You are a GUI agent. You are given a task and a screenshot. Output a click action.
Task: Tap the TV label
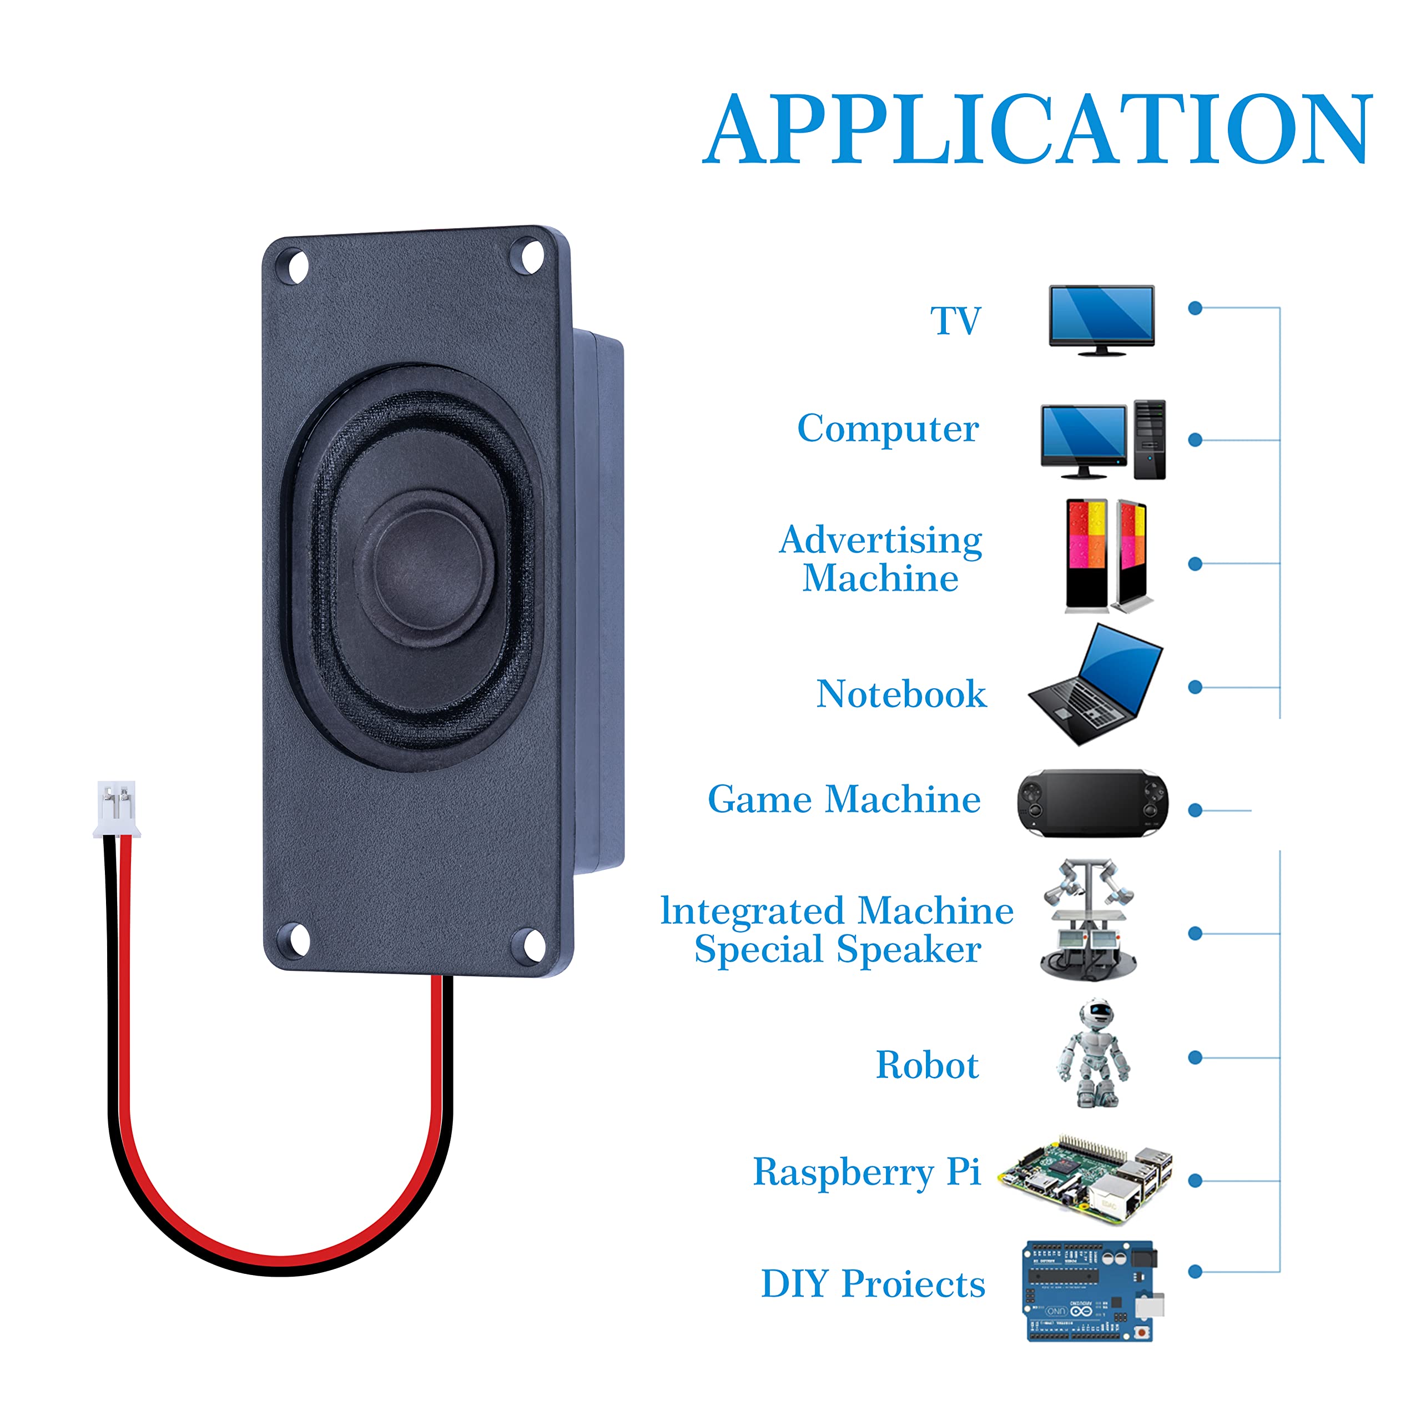coord(955,321)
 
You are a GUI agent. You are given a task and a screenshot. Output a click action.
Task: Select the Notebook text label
coord(901,694)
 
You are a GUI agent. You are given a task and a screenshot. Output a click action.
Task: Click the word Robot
coord(927,1065)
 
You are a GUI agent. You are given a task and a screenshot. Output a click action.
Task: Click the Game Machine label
coord(844,799)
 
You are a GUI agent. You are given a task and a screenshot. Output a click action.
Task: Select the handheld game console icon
coord(1092,803)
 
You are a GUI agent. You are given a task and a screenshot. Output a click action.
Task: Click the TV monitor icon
coord(1101,319)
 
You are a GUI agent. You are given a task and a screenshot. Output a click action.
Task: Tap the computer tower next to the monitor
coord(1149,439)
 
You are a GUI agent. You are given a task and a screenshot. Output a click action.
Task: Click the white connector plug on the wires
coord(117,809)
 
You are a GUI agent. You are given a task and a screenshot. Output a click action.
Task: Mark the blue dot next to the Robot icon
coord(1195,1057)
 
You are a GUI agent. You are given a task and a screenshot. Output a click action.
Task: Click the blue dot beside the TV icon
coord(1195,308)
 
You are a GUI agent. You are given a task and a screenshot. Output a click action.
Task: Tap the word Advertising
coord(880,541)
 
